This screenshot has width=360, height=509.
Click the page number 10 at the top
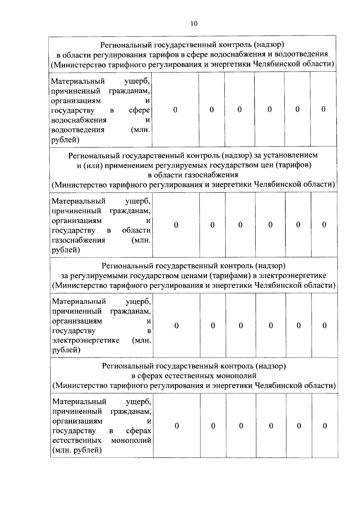194,24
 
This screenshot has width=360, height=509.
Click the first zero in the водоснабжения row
175,110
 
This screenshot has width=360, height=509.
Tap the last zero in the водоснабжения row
323,109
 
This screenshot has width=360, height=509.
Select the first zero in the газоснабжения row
176,225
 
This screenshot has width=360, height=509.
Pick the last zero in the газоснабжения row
324,225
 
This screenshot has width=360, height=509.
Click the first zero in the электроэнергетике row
176,326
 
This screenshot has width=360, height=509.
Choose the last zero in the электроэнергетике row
324,326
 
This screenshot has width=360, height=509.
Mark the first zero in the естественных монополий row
177,426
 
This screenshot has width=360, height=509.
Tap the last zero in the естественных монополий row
325,426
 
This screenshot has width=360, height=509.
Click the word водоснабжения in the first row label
79,120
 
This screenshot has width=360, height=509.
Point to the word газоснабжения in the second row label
79,240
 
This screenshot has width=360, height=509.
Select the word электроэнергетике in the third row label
86,341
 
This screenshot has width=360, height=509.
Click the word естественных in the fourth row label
77,441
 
